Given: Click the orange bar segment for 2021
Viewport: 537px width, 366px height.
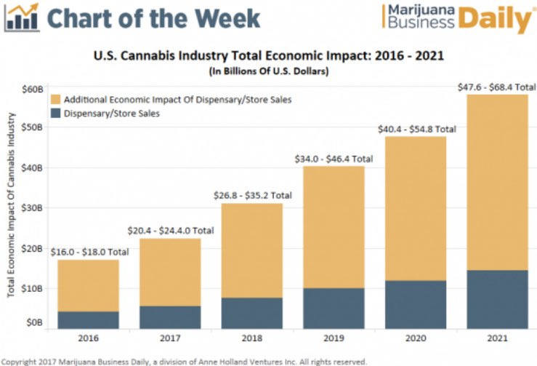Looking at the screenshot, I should (497, 182).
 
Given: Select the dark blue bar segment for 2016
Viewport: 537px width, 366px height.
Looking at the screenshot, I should (88, 320).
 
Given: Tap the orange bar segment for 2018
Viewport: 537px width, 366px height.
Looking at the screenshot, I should (251, 250).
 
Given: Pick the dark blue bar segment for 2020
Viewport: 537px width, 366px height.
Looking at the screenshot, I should (416, 304).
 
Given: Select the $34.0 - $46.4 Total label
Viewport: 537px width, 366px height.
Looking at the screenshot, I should (334, 156).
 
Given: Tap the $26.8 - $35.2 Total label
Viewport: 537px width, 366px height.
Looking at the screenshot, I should (252, 195).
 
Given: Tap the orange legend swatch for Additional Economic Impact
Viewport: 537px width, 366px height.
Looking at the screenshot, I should (55, 99).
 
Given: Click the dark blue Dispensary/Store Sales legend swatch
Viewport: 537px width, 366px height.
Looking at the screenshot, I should (55, 114).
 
